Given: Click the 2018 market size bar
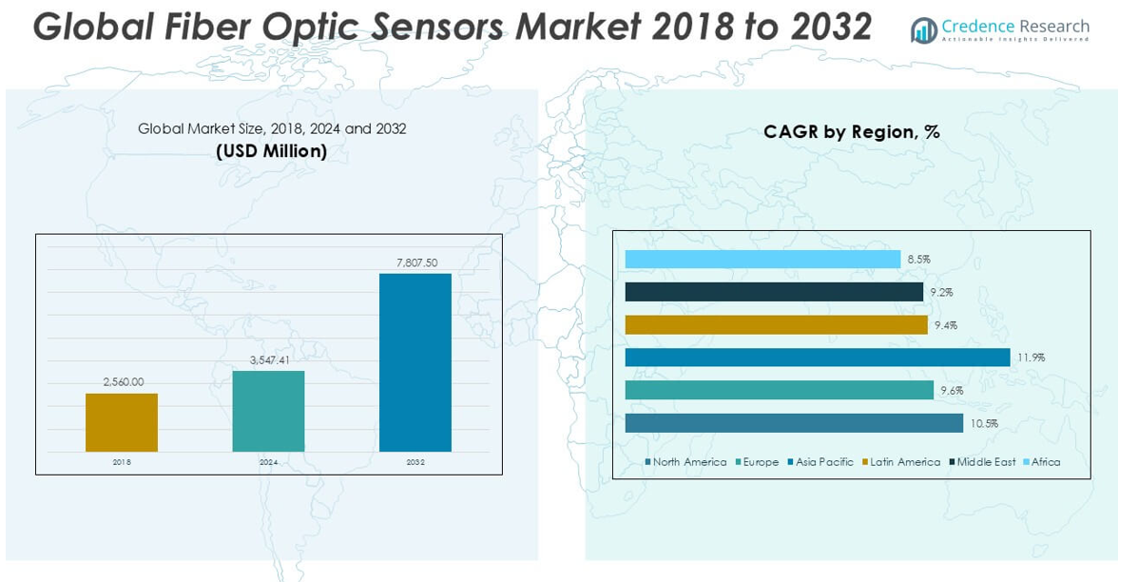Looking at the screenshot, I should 122,422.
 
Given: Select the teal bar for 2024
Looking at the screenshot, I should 268,411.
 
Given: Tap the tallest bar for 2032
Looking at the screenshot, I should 415,362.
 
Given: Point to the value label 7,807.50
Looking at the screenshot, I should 415,262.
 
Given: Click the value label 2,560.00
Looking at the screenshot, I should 124,381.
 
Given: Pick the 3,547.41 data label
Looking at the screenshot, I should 270,359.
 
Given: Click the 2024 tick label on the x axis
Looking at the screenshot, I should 268,462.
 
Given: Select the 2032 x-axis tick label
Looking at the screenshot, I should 415,462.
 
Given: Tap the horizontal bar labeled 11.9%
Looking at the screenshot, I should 818,358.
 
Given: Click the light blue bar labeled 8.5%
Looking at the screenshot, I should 762,259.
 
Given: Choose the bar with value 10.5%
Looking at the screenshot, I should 794,423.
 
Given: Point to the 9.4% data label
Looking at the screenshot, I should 945,325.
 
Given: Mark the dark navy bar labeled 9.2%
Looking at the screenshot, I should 774,292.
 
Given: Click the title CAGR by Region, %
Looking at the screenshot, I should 851,132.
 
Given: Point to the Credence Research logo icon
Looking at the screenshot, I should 923,30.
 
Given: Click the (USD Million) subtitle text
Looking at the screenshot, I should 271,150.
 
